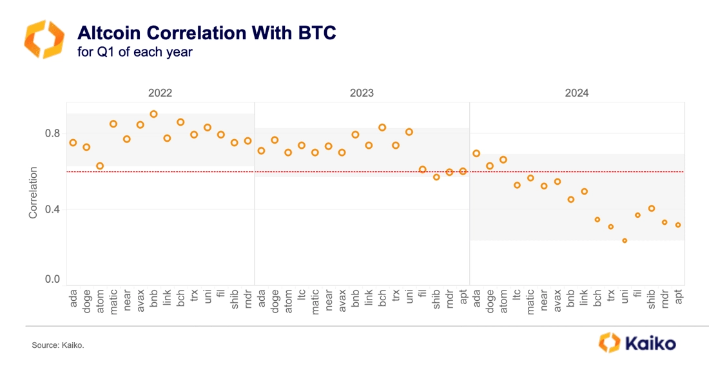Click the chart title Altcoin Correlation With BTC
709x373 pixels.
click(x=206, y=33)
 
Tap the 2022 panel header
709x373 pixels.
click(x=160, y=93)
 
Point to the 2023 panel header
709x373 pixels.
click(x=362, y=93)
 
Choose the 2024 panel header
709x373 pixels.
click(x=576, y=93)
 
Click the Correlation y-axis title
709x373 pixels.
click(x=33, y=193)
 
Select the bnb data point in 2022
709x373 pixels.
click(x=153, y=114)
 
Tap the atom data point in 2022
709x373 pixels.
click(x=100, y=166)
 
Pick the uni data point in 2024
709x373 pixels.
click(x=624, y=240)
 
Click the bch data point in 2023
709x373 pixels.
click(x=382, y=128)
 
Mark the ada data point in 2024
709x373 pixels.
click(x=476, y=153)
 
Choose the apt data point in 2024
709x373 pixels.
click(x=678, y=225)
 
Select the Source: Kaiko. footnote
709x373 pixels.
click(x=58, y=346)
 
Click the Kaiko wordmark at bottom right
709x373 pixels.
click(x=650, y=343)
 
